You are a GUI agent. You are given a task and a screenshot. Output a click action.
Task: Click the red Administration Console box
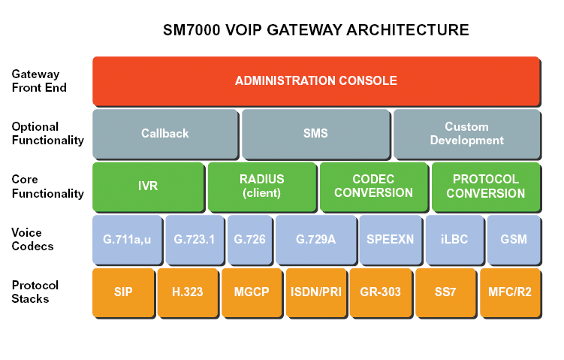click(316, 81)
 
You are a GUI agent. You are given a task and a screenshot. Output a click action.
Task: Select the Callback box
click(165, 134)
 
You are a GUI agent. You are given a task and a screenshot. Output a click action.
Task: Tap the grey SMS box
click(316, 134)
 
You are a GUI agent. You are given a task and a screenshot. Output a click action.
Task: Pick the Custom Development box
click(467, 134)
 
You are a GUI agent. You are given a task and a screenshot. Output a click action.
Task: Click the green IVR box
click(148, 186)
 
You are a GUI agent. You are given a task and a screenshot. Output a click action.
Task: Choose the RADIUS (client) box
click(262, 186)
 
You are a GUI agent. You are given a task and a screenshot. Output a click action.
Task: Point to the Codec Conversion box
click(374, 186)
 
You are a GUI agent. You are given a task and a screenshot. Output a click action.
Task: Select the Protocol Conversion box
click(486, 186)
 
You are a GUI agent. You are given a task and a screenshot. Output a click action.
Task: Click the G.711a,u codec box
click(127, 240)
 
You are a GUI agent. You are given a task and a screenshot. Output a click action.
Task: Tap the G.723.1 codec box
click(195, 240)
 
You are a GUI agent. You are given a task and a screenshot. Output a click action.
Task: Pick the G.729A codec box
click(316, 240)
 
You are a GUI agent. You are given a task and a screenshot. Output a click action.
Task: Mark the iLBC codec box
click(454, 240)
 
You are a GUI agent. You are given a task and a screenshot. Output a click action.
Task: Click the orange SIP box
click(123, 292)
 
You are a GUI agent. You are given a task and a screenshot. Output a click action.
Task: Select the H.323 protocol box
click(188, 292)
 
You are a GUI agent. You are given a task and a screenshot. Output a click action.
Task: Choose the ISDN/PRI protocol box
click(316, 292)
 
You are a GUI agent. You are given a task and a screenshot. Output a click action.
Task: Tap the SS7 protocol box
click(445, 292)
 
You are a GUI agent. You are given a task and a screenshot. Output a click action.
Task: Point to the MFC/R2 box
click(510, 292)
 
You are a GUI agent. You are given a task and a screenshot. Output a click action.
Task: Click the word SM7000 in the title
click(192, 30)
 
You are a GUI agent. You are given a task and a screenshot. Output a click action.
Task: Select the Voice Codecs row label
click(32, 240)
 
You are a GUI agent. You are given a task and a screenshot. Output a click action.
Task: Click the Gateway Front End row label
click(39, 80)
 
